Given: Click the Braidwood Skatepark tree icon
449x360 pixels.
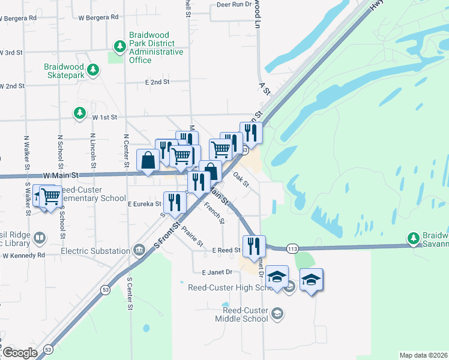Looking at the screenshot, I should (x=92, y=70).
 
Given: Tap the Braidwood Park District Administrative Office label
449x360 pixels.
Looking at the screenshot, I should (x=156, y=48).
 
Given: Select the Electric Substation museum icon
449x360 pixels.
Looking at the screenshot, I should (x=139, y=248).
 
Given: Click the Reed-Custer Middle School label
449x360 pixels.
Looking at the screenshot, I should (x=242, y=314).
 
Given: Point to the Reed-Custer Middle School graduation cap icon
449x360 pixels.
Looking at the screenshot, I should (x=277, y=313).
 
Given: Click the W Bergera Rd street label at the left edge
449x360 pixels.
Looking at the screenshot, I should (x=17, y=18).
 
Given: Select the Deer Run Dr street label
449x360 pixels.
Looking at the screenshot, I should (x=234, y=4).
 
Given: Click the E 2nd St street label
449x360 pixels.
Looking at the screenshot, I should (x=157, y=82).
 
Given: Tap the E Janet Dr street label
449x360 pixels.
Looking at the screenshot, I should (x=217, y=272).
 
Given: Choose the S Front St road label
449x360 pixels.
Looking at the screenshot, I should (x=168, y=235).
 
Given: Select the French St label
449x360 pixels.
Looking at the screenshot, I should (x=214, y=213).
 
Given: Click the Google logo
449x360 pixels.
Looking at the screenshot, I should (x=20, y=353).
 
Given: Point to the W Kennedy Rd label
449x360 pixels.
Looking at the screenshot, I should (x=23, y=255).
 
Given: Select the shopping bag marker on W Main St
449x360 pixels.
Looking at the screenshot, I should (x=148, y=161).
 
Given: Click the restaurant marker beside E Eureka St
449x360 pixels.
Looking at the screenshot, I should (x=173, y=202).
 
